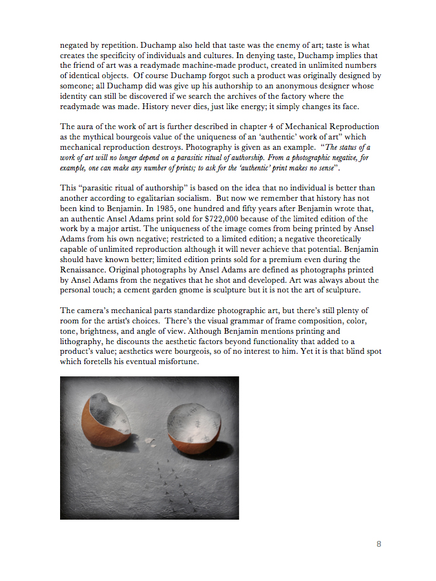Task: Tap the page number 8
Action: (379, 544)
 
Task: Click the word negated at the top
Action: (76, 46)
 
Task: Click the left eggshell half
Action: (106, 422)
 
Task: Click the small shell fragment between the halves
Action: (150, 441)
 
